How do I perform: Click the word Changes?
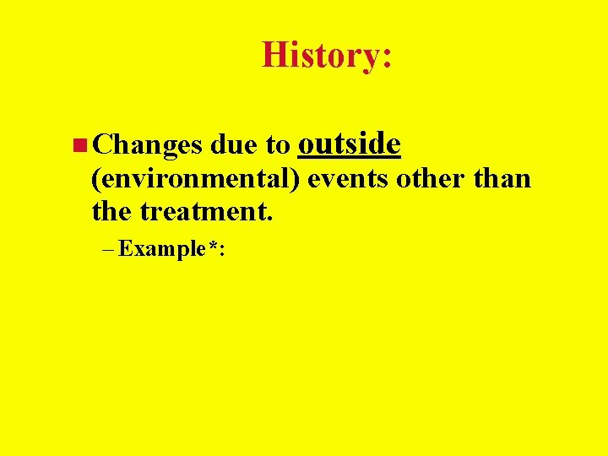tap(148, 146)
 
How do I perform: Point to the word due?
tap(235, 145)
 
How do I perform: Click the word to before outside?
tap(278, 146)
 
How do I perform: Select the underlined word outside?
tap(349, 144)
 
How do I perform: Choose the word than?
tap(502, 179)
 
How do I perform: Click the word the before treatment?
tap(113, 211)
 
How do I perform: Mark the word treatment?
tap(203, 211)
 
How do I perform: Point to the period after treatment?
tap(269, 218)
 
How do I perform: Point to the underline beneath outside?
tap(349, 158)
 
